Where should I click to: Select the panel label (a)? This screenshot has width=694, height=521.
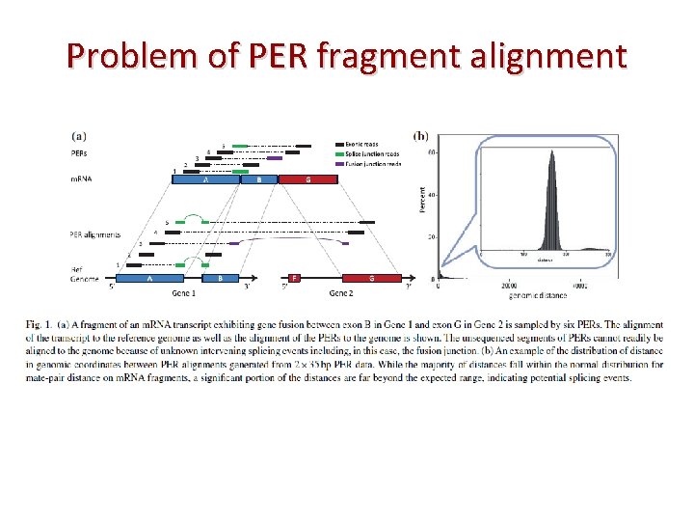(x=83, y=136)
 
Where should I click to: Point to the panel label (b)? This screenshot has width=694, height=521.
(x=421, y=136)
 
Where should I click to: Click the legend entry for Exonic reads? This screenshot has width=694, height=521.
(x=368, y=144)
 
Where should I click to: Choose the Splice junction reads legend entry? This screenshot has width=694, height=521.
(x=377, y=153)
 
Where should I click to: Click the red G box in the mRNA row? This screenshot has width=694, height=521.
(x=307, y=179)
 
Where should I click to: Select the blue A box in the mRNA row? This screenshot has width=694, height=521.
(x=205, y=179)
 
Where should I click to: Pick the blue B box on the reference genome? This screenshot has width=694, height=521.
(x=221, y=278)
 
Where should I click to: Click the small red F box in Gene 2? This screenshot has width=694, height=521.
(x=294, y=278)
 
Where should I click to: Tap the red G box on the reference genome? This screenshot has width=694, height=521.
(x=371, y=278)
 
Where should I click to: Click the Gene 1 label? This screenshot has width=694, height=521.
(x=184, y=291)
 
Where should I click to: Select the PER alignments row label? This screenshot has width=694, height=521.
(x=95, y=233)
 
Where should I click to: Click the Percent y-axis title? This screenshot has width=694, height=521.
(x=421, y=200)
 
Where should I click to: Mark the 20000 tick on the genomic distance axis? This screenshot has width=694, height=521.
(x=510, y=287)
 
